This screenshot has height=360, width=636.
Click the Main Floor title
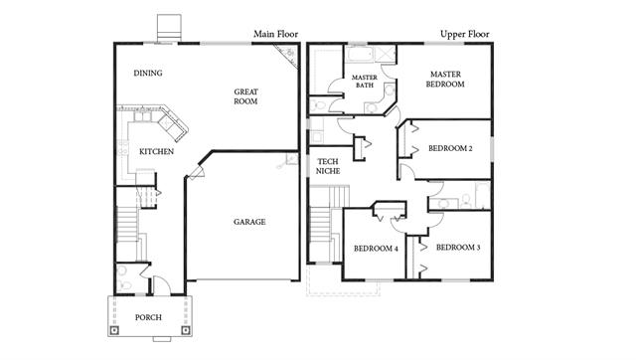pos(276,34)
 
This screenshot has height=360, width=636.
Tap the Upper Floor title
pos(465,34)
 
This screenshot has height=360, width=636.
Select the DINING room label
pos(148,73)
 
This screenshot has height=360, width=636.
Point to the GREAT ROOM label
pos(245,96)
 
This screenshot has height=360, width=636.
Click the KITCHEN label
pos(157,151)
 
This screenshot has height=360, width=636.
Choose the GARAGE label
pos(249,222)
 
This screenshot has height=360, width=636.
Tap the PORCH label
pos(148,317)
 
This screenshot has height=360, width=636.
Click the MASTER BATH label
pos(365,82)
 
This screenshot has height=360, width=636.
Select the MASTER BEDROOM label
pos(445,80)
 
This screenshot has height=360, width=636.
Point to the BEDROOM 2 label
pos(450,148)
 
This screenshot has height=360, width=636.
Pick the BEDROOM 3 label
pos(458,248)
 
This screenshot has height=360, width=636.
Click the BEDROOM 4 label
pos(376,249)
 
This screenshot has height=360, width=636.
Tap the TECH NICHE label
pos(328,166)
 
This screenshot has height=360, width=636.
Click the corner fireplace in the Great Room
pos(289,54)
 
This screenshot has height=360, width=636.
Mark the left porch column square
pos(115,330)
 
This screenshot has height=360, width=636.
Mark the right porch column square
pos(186,330)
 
